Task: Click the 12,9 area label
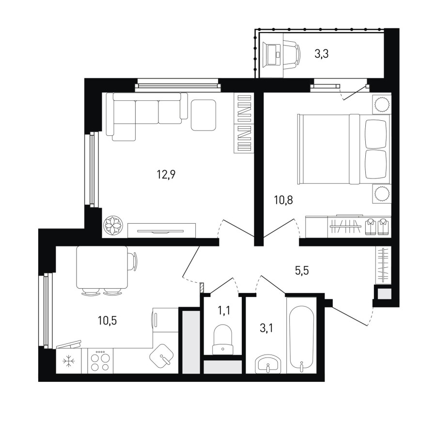pyautogui.click(x=166, y=175)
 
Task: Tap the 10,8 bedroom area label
pyautogui.click(x=283, y=200)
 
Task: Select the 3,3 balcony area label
pyautogui.click(x=322, y=53)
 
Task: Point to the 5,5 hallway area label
pyautogui.click(x=302, y=270)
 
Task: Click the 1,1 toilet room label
pyautogui.click(x=224, y=310)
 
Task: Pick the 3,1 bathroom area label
pyautogui.click(x=266, y=328)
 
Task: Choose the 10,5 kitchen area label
pyautogui.click(x=107, y=321)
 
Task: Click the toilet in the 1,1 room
pyautogui.click(x=222, y=340)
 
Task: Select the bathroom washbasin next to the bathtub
pyautogui.click(x=268, y=363)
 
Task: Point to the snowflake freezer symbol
pyautogui.click(x=68, y=361)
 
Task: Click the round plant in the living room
pyautogui.click(x=113, y=225)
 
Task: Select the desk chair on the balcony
pyautogui.click(x=293, y=54)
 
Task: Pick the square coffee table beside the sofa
pyautogui.click(x=203, y=115)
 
